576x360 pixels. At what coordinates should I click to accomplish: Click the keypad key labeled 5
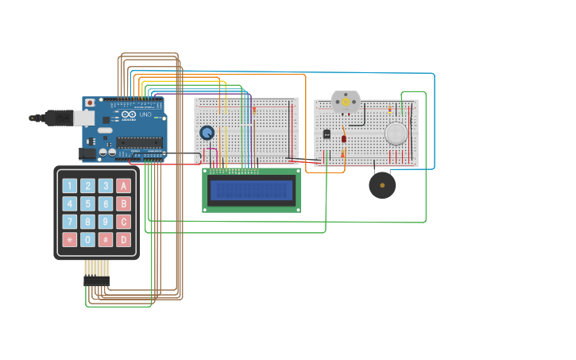pos(87,203)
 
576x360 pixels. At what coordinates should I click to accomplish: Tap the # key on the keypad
pos(106,239)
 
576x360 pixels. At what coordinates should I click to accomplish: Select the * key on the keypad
pos(70,239)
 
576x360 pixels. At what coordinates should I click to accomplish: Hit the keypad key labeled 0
pos(87,239)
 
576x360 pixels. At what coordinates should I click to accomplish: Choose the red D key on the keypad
pos(123,239)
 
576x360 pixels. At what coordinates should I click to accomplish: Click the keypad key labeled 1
pos(70,186)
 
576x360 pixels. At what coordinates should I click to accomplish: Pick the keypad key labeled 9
pos(106,222)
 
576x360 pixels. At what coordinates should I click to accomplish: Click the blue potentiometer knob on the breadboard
pos(207,133)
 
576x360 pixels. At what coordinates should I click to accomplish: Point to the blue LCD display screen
pos(251,191)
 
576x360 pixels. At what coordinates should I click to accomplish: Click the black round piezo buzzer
pos(382,185)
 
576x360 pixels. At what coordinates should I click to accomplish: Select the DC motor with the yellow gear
pos(346,102)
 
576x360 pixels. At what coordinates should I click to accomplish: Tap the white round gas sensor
pos(396,133)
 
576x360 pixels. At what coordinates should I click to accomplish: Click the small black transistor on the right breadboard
pos(327,134)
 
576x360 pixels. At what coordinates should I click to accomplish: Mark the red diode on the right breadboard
pos(344,139)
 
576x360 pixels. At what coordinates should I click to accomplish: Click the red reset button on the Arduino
pos(90,103)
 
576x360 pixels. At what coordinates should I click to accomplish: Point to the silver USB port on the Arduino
pos(83,118)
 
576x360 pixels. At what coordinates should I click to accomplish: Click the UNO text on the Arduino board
pos(145,115)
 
